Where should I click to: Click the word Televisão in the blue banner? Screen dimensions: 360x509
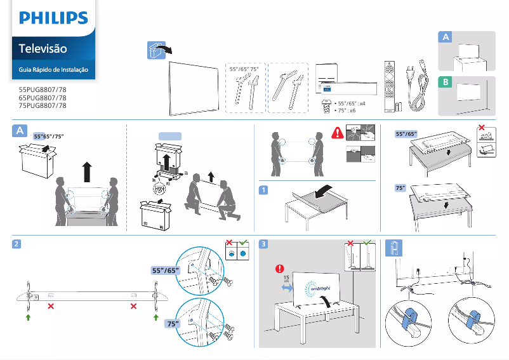coord(43,48)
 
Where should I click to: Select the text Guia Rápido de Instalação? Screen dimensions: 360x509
coord(53,69)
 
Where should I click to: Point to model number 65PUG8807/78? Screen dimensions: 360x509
coord(43,98)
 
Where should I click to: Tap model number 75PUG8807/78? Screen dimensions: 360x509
coord(43,106)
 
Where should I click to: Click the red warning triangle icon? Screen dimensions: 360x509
coord(336,133)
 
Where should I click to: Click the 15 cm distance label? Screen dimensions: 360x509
coord(287,280)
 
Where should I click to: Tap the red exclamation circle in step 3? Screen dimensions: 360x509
coord(278,267)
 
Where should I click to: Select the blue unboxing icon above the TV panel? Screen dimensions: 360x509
coord(155,51)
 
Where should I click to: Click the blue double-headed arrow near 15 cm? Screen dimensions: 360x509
coord(288,289)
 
